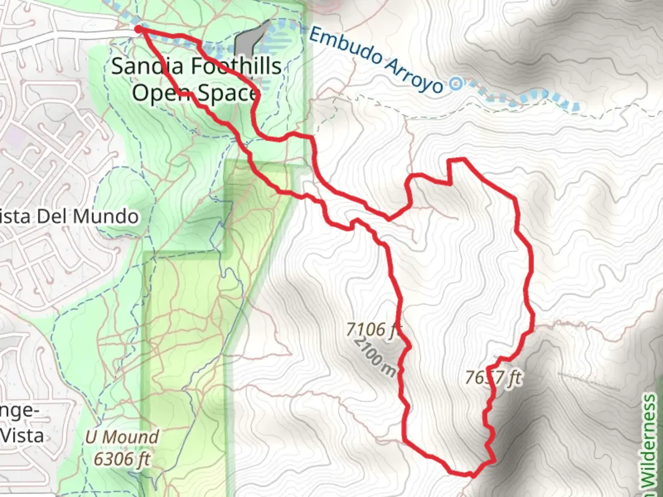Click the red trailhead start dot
pyautogui.click(x=139, y=29)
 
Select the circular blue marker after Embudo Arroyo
pyautogui.click(x=456, y=84)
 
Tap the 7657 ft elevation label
pyautogui.click(x=493, y=378)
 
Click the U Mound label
pyautogui.click(x=122, y=437)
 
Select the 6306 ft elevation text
pyautogui.click(x=122, y=458)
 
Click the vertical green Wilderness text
pyautogui.click(x=649, y=442)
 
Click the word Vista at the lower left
pyautogui.click(x=22, y=435)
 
